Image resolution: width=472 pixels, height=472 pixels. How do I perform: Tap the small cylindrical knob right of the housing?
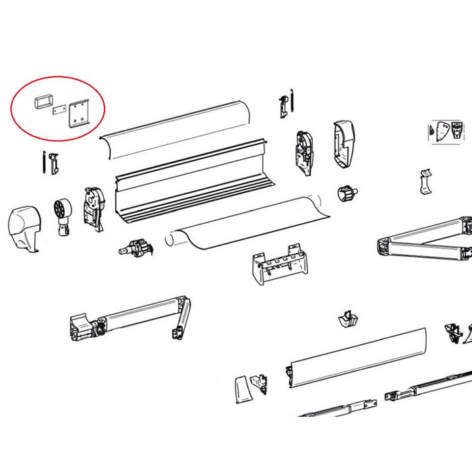(347, 194)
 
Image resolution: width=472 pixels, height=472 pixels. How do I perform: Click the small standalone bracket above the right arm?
(425, 180)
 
